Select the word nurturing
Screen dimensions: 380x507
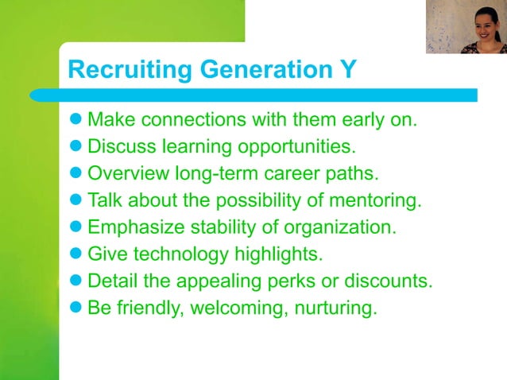pos(335,308)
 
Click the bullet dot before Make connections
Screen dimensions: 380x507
pos(77,122)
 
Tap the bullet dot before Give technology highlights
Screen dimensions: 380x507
pos(77,254)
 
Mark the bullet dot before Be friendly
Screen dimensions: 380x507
pos(77,307)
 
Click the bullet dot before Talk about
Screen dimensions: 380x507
pos(77,200)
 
